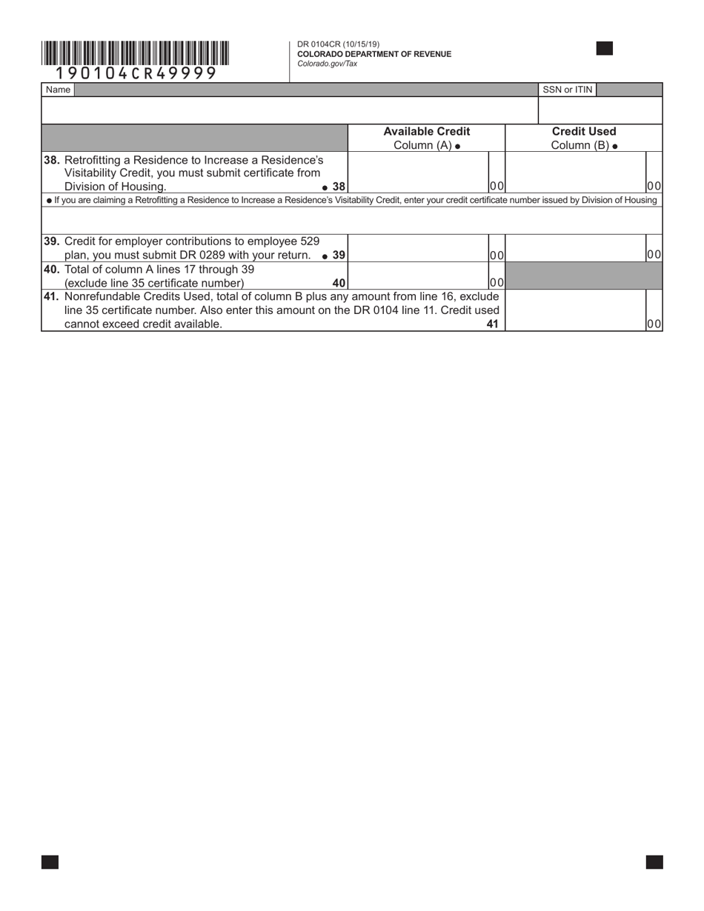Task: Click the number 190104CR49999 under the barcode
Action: pyautogui.click(x=136, y=73)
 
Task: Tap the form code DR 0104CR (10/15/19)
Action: pyautogui.click(x=338, y=44)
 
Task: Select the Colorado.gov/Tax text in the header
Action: pyautogui.click(x=327, y=64)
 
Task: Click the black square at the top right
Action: pyautogui.click(x=604, y=49)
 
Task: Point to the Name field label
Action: pyautogui.click(x=58, y=90)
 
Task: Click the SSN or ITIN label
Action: pyautogui.click(x=567, y=90)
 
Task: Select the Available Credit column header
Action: pyautogui.click(x=426, y=132)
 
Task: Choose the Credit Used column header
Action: pyautogui.click(x=583, y=132)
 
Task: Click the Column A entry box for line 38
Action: pyautogui.click(x=418, y=173)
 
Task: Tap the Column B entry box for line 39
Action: pyautogui.click(x=575, y=248)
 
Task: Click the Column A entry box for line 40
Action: pyautogui.click(x=418, y=276)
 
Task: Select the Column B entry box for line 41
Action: pyautogui.click(x=575, y=310)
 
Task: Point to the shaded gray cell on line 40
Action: pyautogui.click(x=583, y=276)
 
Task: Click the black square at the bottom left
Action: pyautogui.click(x=50, y=861)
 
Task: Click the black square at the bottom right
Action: pyautogui.click(x=654, y=861)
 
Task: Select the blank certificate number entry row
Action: pyautogui.click(x=352, y=220)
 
